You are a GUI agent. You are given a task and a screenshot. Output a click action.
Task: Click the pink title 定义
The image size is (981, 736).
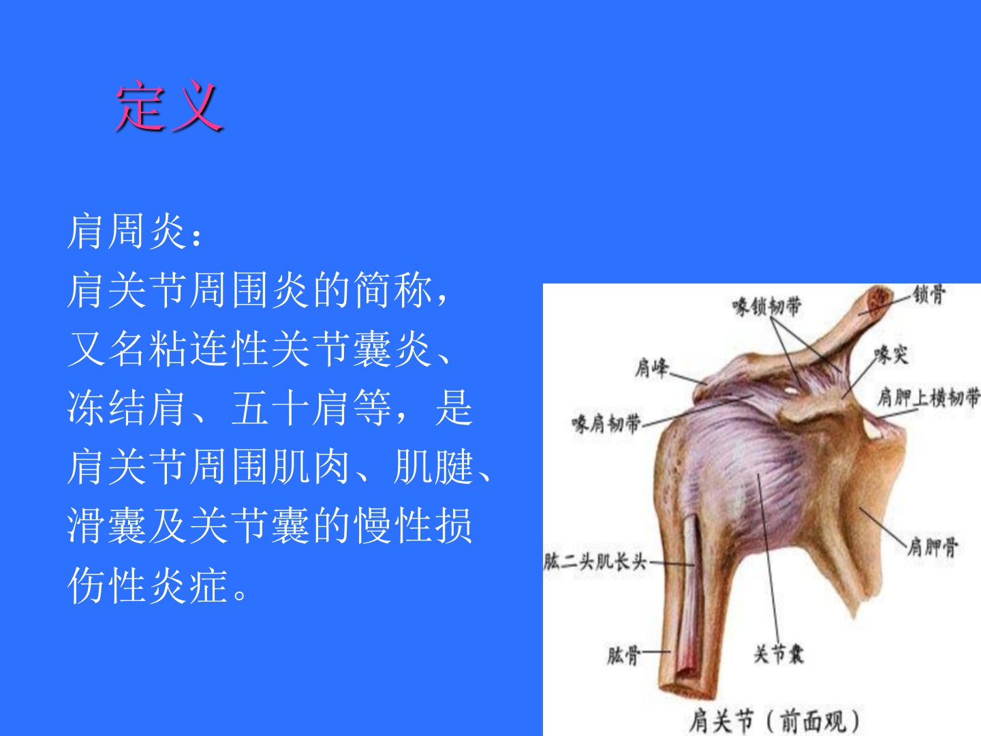pos(170,106)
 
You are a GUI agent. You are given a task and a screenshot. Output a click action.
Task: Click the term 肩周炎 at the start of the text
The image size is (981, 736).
pos(127,231)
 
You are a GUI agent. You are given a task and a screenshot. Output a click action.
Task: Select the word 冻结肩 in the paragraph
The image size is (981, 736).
pos(127,408)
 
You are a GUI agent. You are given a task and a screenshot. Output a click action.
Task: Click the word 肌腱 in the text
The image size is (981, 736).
pos(433,467)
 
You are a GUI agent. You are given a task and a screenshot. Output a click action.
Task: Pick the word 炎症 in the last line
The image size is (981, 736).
pos(188,585)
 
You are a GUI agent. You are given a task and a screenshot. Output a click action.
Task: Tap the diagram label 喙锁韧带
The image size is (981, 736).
pos(766,307)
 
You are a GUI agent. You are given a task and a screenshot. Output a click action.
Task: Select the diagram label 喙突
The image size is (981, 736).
pos(891,355)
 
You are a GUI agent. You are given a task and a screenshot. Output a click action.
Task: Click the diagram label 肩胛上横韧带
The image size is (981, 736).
pos(929,397)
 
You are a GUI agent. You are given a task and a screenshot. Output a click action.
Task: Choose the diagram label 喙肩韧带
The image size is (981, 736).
pos(606,424)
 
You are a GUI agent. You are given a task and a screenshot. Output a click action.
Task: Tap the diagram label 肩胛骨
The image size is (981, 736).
pos(932,547)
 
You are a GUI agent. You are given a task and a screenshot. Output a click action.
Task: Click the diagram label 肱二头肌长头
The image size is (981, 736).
pos(595,562)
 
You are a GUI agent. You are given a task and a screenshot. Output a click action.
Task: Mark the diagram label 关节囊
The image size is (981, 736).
pos(779,654)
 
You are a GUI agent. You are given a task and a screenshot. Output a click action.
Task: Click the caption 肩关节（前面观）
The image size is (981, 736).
pos(775,720)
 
